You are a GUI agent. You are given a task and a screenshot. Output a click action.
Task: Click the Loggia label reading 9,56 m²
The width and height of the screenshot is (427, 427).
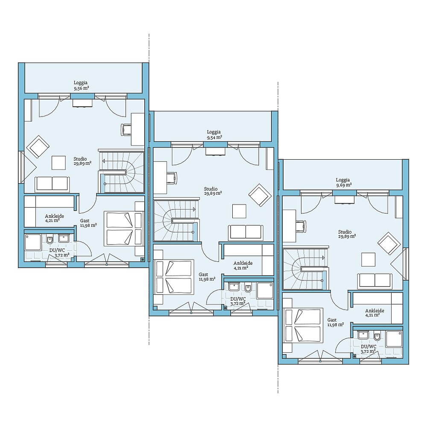[81, 85]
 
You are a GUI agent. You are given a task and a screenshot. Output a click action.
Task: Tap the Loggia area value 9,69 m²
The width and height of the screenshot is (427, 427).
[344, 184]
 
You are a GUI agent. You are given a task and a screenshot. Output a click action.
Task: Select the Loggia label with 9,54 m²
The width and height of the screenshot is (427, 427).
[214, 135]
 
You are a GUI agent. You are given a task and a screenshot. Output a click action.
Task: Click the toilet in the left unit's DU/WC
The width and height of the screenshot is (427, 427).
[50, 239]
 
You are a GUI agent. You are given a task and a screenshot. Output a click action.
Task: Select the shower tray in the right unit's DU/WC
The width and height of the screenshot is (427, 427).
[394, 339]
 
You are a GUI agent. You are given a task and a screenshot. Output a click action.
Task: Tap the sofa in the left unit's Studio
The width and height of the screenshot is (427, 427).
[52, 184]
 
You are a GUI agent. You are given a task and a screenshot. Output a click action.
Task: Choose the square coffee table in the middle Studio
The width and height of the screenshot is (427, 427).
[240, 211]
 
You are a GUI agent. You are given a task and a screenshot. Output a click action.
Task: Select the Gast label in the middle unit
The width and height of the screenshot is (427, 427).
[203, 275]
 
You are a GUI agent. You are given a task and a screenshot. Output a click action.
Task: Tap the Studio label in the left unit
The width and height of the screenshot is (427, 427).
[80, 159]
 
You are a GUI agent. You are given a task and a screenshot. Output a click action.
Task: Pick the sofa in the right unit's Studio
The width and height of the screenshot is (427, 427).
[375, 281]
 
